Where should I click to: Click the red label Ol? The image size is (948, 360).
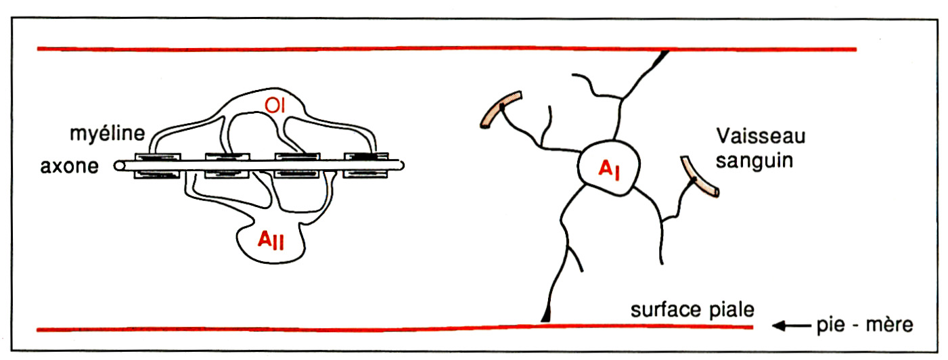coord(275,106)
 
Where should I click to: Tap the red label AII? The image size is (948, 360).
coord(271,240)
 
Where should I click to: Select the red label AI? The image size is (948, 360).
coord(609,171)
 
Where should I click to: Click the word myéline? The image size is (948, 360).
coord(108,134)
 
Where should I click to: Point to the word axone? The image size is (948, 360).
coord(70,166)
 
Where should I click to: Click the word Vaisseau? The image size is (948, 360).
coord(761,137)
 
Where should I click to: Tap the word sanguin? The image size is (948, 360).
coord(754,161)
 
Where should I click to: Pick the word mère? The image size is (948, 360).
coord(889,325)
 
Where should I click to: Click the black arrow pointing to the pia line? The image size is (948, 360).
coord(792,325)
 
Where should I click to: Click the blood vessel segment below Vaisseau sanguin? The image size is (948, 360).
coord(699,177)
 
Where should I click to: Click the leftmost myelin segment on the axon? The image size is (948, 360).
coord(158,166)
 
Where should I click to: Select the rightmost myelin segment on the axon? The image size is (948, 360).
coord(365,165)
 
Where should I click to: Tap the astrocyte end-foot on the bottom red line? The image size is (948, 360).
coord(546,315)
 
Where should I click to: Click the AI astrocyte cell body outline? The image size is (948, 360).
coord(578,167)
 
